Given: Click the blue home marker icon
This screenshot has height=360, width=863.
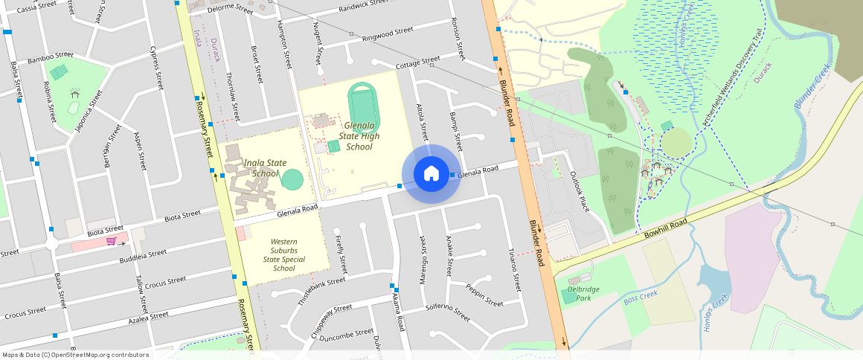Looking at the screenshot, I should [x=431, y=174].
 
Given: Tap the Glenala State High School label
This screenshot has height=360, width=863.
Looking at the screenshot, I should [x=359, y=136].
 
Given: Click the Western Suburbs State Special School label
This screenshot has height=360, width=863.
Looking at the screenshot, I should [x=283, y=255].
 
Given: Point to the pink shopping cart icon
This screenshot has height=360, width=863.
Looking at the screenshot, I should [x=110, y=241].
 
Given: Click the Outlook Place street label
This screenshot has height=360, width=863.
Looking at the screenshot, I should [x=580, y=192].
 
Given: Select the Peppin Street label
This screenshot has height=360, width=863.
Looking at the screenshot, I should [x=485, y=295].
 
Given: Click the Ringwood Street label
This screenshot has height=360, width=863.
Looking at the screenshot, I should [x=387, y=35].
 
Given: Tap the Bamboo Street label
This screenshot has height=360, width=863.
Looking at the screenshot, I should [x=51, y=56].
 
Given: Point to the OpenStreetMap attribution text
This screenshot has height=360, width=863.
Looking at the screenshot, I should [x=75, y=355].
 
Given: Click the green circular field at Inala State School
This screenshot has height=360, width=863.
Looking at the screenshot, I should [x=292, y=179].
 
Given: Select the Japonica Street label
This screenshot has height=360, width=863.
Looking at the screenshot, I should [x=89, y=110].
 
